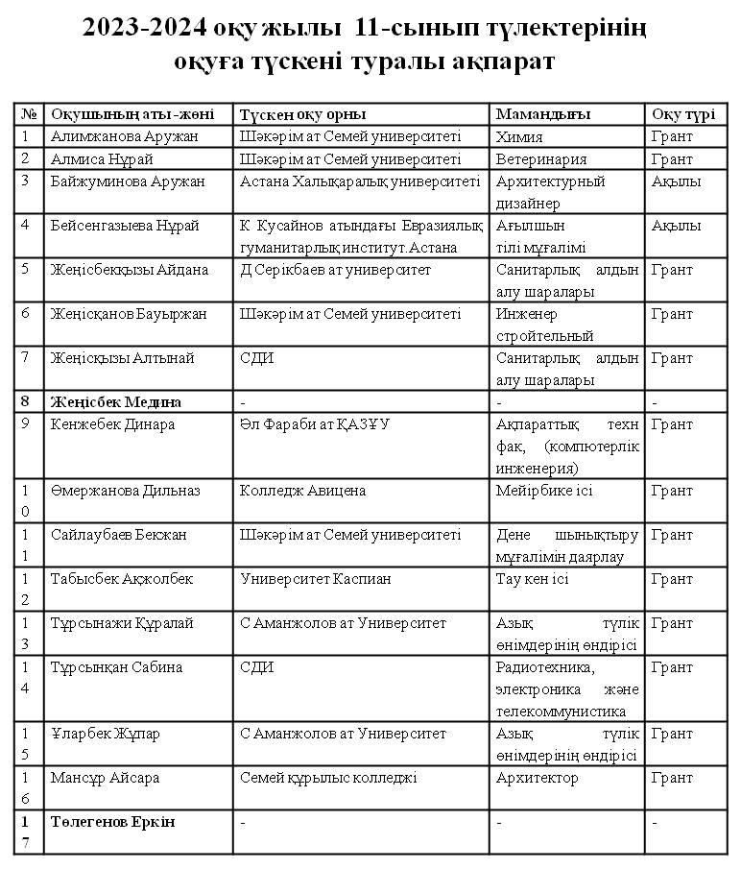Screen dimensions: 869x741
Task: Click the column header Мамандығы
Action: click(x=543, y=113)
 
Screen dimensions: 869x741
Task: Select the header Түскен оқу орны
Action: click(x=302, y=113)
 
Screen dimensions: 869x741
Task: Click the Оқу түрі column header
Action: click(x=682, y=113)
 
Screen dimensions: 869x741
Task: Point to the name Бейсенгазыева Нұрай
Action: click(x=125, y=226)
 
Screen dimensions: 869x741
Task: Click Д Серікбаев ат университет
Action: click(x=335, y=270)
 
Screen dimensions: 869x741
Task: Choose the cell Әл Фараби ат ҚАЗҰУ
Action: click(x=321, y=423)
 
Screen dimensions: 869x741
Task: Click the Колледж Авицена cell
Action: click(x=302, y=491)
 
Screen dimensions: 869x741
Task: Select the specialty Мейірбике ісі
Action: click(x=544, y=491)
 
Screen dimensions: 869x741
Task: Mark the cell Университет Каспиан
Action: click(x=315, y=579)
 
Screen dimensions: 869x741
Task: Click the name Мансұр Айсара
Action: click(x=105, y=778)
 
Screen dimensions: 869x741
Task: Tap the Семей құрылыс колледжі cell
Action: click(x=328, y=778)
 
